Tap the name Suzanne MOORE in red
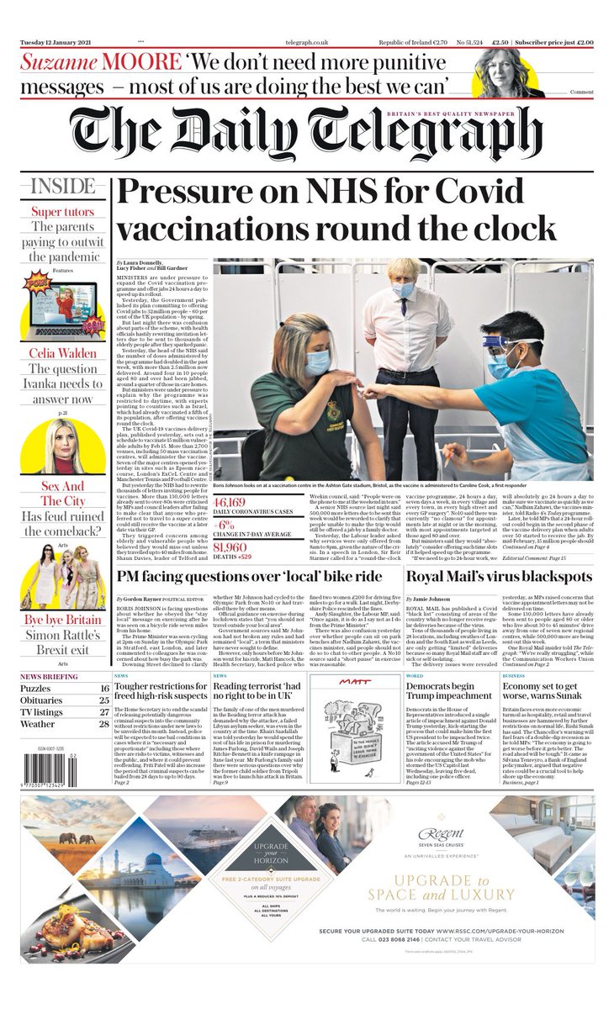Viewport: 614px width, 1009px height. (x=100, y=63)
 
